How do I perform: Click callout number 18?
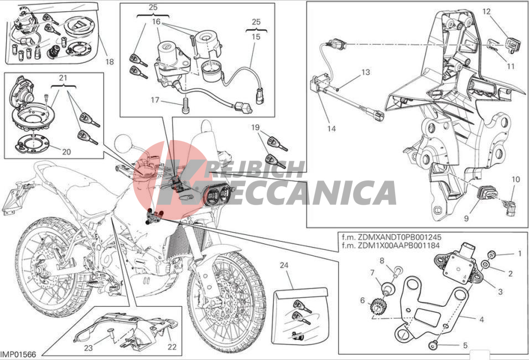pos(110,62)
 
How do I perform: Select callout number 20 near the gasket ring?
pos(66,152)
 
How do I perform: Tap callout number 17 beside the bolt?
pos(155,100)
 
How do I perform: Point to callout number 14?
pos(331,128)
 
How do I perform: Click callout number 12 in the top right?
pos(486,12)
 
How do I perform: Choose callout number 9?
pos(466,219)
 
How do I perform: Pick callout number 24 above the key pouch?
pos(284,265)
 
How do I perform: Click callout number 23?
pos(88,348)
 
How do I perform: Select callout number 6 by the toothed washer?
pos(362,300)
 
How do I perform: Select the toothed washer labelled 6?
pos(377,306)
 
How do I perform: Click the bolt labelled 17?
pos(185,106)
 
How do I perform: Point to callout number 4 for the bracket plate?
pos(481,320)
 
